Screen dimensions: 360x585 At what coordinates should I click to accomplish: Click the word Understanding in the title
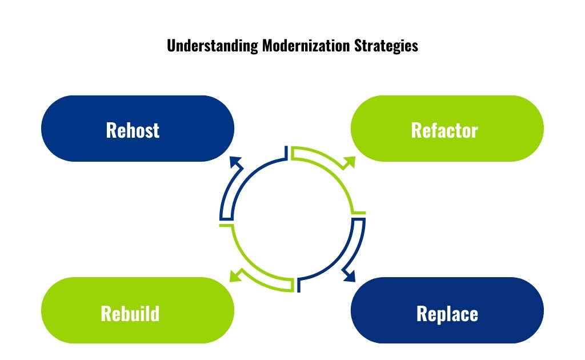click(213, 46)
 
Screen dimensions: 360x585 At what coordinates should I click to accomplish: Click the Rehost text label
click(133, 130)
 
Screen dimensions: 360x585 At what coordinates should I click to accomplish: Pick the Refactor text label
click(444, 130)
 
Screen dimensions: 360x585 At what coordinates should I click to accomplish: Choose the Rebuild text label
click(130, 313)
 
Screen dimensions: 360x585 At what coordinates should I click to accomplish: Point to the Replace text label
click(447, 313)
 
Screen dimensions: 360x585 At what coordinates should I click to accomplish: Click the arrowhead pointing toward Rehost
click(235, 163)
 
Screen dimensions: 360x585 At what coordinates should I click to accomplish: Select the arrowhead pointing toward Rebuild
click(235, 276)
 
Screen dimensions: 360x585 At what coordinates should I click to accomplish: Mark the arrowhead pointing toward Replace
click(348, 276)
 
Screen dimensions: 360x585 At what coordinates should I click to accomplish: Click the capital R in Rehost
click(111, 130)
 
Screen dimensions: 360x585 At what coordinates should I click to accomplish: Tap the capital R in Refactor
click(416, 130)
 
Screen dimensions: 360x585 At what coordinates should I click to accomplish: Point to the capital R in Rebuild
click(106, 313)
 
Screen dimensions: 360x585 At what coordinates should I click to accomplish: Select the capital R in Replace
click(422, 313)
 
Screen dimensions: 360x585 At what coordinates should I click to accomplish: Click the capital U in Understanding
click(171, 46)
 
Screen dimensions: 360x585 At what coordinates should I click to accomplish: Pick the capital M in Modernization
click(267, 46)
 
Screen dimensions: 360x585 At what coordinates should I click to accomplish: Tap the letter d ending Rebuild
click(155, 313)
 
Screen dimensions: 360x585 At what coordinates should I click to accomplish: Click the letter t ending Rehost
click(156, 130)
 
